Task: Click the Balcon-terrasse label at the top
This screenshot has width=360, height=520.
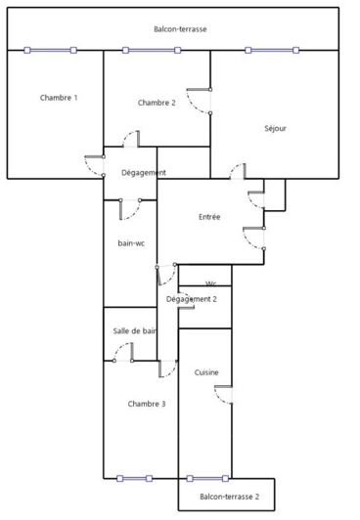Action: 180,29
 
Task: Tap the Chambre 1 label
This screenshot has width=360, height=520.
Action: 59,98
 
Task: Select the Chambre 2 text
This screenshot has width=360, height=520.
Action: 157,103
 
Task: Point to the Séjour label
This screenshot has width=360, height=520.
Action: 276,128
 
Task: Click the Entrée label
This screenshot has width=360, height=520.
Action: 209,217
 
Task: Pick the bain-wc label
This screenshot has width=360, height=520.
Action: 131,243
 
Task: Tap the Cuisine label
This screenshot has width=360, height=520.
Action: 206,372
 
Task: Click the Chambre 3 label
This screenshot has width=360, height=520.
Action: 147,404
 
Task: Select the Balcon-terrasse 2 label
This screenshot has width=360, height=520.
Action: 230,497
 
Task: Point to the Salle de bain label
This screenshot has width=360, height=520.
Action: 134,331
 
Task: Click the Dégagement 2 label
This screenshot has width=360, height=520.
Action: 192,299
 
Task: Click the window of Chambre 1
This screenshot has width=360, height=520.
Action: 51,50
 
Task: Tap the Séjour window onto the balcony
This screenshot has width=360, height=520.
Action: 272,50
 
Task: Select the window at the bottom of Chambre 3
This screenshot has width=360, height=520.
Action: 135,478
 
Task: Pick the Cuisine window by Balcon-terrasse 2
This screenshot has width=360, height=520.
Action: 207,478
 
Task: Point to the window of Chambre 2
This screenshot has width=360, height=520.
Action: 152,50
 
